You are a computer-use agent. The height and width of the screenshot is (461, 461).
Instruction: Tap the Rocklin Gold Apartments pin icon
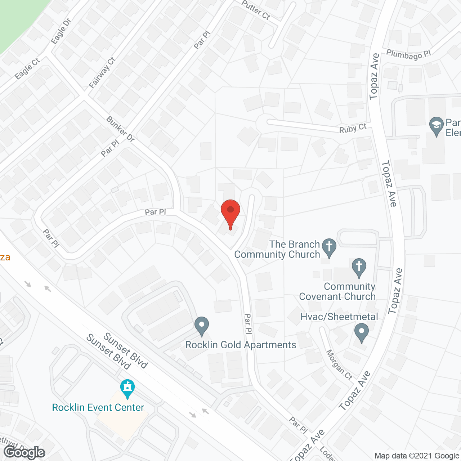point(202,326)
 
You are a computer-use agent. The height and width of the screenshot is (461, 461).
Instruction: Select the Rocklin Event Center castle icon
point(127,388)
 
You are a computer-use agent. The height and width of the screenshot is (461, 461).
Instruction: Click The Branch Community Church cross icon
point(329,247)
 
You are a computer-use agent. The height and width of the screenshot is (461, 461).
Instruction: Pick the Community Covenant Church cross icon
point(359,267)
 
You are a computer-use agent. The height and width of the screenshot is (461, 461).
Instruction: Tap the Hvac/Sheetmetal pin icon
point(362,332)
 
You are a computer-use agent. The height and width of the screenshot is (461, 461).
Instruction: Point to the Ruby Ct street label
point(353,128)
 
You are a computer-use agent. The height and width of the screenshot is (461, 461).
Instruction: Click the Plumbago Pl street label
point(408,55)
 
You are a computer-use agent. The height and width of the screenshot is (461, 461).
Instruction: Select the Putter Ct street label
point(256,10)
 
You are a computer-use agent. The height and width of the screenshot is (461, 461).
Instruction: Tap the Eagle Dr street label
point(61,31)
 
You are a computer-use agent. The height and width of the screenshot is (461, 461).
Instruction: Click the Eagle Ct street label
point(27,69)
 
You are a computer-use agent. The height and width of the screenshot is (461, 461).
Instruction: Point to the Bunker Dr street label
point(120,129)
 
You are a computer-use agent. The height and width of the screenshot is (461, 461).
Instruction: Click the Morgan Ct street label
point(339,364)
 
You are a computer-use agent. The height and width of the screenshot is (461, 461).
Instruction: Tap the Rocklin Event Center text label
point(98,407)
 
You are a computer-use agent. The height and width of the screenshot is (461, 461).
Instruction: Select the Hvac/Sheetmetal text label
point(339,317)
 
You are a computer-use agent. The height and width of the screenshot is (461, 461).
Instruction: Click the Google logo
point(24,452)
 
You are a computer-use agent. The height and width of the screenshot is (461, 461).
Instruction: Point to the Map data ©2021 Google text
point(417,456)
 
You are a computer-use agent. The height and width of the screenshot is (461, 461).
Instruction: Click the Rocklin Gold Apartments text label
point(241,345)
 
